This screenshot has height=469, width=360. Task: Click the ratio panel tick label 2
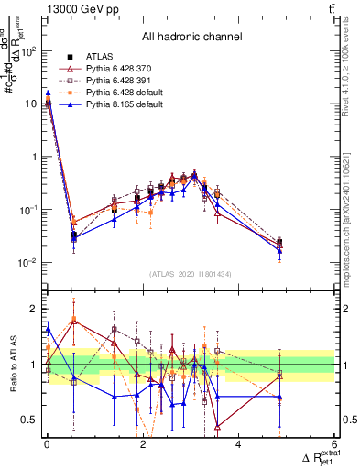point(34,308)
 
